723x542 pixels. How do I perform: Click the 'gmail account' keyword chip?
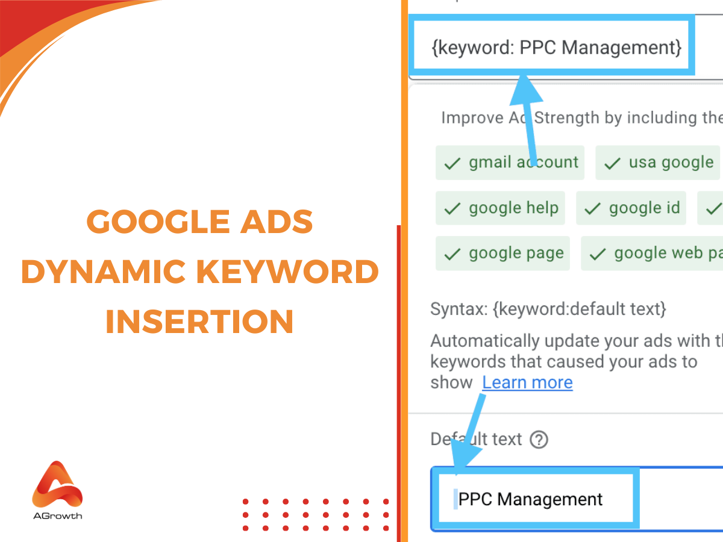point(510,163)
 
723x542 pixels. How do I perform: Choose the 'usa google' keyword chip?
point(658,163)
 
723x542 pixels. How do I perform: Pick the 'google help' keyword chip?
point(501,208)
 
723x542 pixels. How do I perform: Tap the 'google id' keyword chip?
point(631,208)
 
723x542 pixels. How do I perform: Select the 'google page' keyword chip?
point(502,253)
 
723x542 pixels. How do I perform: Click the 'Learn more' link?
point(527,382)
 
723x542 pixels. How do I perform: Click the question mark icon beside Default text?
point(539,440)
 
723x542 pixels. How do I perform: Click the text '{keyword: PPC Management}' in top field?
point(556,48)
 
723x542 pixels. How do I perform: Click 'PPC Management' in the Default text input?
point(530,499)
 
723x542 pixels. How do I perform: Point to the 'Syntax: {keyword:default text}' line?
point(548,310)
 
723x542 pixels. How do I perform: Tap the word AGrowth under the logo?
point(57,516)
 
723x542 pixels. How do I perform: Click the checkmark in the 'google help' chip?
point(452,209)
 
